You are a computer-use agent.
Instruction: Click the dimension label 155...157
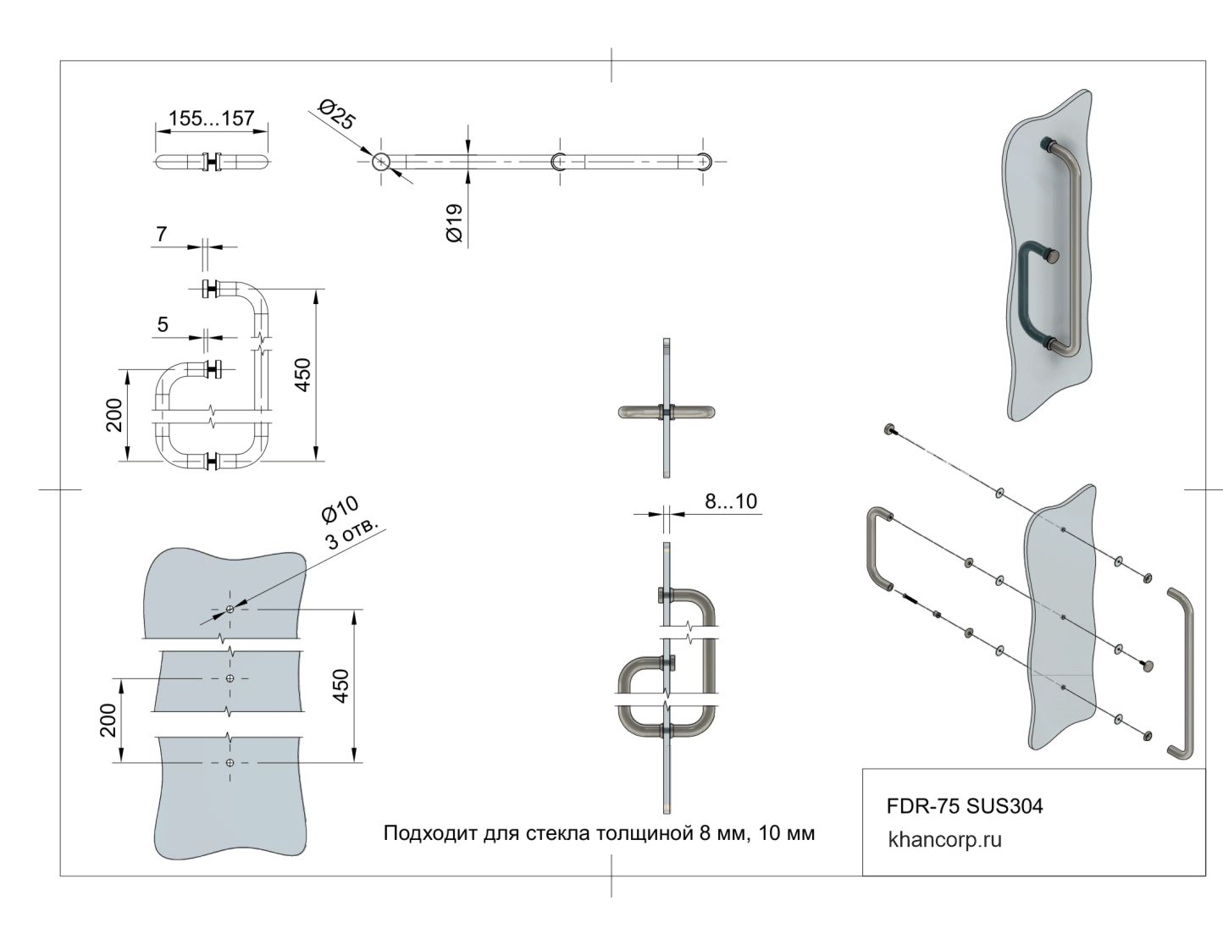point(212,119)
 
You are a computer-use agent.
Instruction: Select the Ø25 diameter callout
point(336,114)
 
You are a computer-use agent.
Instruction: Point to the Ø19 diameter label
point(454,224)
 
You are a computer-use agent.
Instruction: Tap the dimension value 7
point(162,234)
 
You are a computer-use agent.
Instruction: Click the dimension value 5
point(163,324)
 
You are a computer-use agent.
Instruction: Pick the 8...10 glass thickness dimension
point(731,501)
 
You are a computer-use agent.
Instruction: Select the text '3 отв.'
point(352,533)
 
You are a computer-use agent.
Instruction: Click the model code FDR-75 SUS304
point(965,806)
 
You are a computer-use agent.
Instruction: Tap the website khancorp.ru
point(945,840)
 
